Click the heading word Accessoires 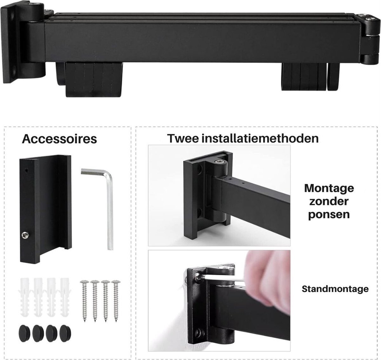click(59, 139)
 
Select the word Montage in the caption click(329, 188)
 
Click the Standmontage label click(335, 294)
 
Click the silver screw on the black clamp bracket click(25, 235)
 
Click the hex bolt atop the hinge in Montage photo click(218, 162)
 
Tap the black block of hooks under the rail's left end click(94, 79)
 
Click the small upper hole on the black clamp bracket click(26, 170)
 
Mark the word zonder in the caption click(329, 201)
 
